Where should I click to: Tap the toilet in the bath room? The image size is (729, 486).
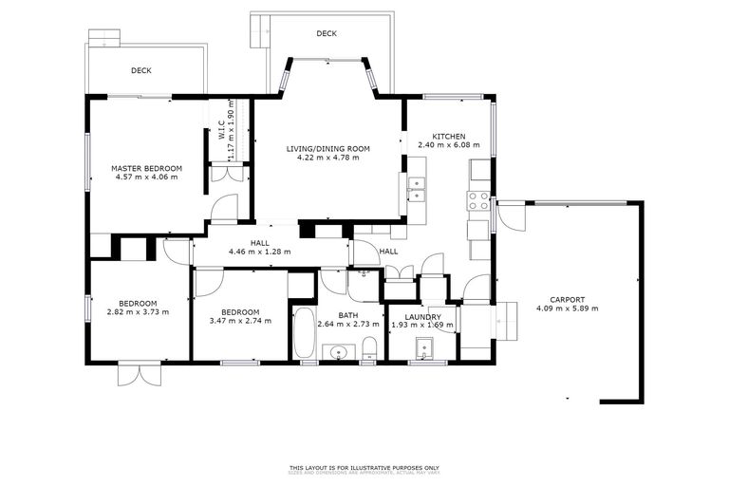tap(370, 347)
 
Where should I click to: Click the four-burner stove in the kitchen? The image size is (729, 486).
tap(477, 201)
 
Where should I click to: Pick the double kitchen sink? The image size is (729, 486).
tap(417, 188)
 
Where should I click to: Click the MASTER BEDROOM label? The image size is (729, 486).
tap(146, 168)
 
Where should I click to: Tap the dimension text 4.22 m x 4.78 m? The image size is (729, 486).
tap(327, 158)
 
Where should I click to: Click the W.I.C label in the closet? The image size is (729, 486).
tap(220, 128)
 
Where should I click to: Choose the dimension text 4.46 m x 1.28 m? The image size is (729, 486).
tap(259, 252)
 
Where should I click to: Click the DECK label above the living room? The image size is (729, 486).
tap(327, 33)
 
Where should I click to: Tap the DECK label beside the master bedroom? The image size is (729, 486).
tap(141, 70)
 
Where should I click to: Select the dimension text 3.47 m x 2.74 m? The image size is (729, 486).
tap(240, 321)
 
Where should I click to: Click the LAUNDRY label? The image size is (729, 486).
tap(422, 316)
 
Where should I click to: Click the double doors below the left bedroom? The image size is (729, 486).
tap(138, 373)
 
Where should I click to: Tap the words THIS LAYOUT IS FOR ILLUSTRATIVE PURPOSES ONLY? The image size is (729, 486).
tap(364, 467)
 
